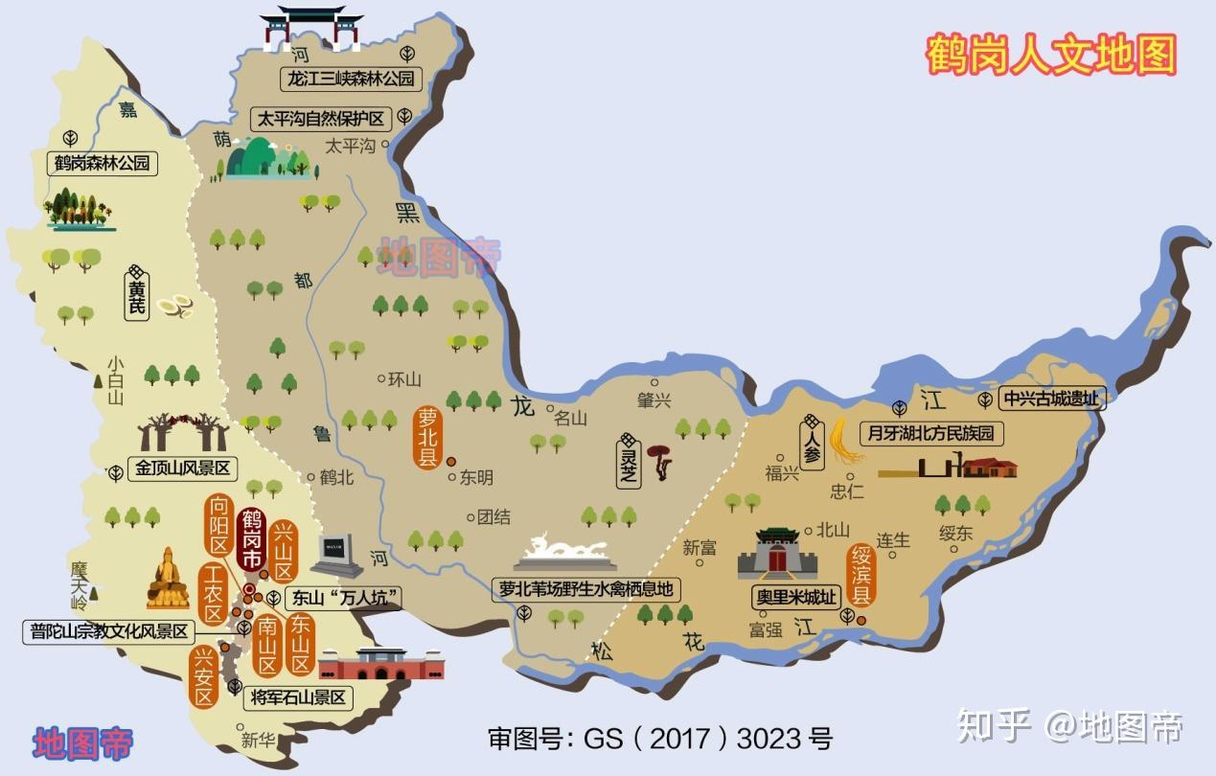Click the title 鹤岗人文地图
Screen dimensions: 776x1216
tap(1050, 55)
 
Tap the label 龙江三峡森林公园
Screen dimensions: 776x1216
tap(351, 79)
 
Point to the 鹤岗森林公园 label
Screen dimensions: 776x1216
tap(103, 163)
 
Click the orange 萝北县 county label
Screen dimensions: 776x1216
tap(426, 437)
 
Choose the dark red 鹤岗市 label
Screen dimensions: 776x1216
tap(252, 539)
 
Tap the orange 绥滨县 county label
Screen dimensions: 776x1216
tap(860, 575)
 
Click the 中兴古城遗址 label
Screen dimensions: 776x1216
tap(1052, 399)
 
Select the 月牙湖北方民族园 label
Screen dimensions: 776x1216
tap(930, 433)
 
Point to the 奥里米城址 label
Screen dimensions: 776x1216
tap(794, 596)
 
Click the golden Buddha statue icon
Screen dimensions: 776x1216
tap(168, 579)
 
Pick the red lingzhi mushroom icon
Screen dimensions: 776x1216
tap(658, 461)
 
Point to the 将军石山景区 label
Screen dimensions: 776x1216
tap(297, 696)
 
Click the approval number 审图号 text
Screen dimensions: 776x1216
tap(660, 739)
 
